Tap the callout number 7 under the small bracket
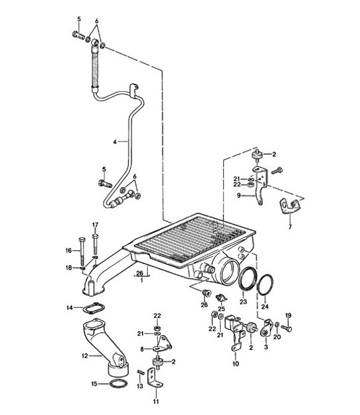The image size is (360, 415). pos(289,227)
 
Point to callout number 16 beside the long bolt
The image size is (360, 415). pos(69,250)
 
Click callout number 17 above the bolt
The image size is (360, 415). pos(94,225)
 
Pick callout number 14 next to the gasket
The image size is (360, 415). pos(69,307)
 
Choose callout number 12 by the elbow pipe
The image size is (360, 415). pos(83,355)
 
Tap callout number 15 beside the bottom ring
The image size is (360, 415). pos(93,383)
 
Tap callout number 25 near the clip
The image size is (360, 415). pos(222,309)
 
